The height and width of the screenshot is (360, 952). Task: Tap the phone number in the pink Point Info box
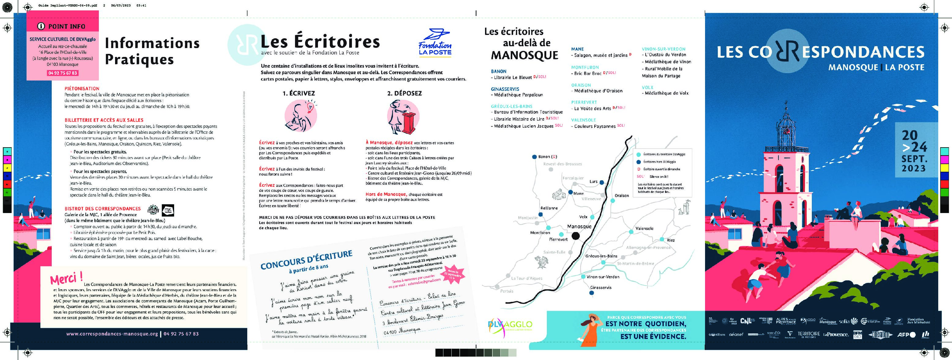[62, 73]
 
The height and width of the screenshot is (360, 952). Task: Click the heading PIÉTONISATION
[82, 89]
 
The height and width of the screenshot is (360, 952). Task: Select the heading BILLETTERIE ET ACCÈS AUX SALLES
[104, 120]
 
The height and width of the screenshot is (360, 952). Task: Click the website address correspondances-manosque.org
[112, 334]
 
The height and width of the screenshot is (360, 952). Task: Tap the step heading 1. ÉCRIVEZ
[299, 93]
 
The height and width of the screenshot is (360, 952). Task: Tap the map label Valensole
[644, 228]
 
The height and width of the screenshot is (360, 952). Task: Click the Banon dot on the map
[534, 157]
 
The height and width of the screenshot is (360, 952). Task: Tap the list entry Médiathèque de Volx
[666, 93]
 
